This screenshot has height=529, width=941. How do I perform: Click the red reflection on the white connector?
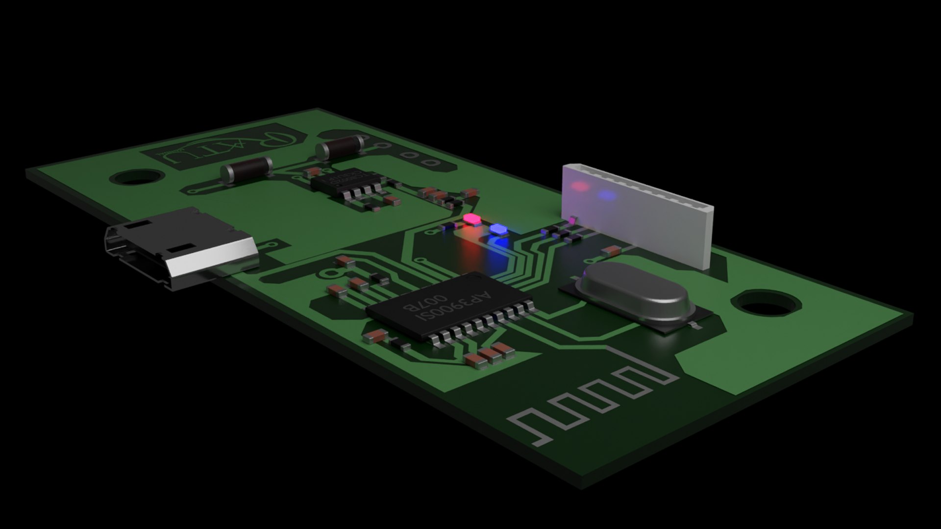(x=579, y=187)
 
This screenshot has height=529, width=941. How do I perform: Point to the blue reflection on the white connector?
(x=607, y=195)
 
